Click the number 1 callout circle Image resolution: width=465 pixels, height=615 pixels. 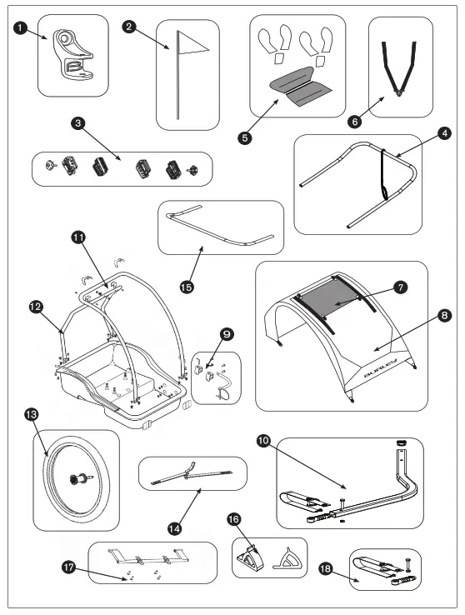click(x=20, y=27)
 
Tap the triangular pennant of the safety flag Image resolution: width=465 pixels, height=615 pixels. click(x=192, y=44)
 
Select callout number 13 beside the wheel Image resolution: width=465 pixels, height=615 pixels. click(x=32, y=414)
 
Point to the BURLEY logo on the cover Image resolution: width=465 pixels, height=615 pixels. click(x=381, y=367)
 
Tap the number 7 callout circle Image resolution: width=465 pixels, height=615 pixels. click(x=400, y=287)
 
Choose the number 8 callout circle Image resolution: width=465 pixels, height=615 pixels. click(x=444, y=315)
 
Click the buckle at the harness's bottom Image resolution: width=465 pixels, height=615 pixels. click(x=399, y=93)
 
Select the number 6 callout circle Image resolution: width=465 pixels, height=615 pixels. click(x=355, y=121)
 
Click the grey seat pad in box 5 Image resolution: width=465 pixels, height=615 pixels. click(x=301, y=87)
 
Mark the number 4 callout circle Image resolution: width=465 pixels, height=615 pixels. click(x=444, y=133)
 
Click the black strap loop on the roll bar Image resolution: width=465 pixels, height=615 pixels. click(x=383, y=174)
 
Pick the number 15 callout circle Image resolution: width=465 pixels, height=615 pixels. click(x=187, y=287)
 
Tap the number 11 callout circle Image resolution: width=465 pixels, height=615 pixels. click(x=78, y=237)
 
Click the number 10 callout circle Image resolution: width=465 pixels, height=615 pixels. click(x=263, y=441)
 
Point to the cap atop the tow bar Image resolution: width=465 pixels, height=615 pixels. click(x=401, y=442)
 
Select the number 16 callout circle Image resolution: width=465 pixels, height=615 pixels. click(x=233, y=519)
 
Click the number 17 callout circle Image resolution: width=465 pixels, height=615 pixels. click(x=68, y=567)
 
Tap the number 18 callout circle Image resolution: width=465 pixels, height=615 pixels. click(x=326, y=568)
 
